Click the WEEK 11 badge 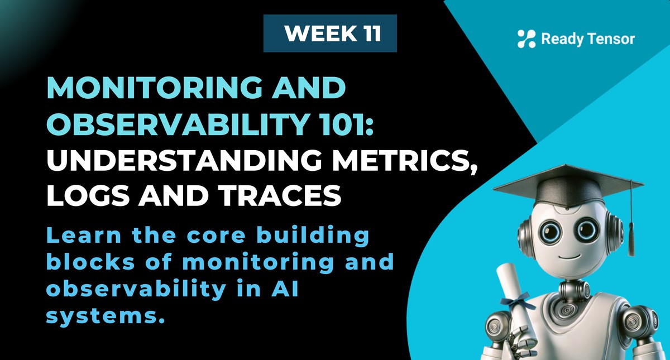[x=330, y=33]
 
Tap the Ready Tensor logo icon [x=526, y=39]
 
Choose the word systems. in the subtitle [x=106, y=316]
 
